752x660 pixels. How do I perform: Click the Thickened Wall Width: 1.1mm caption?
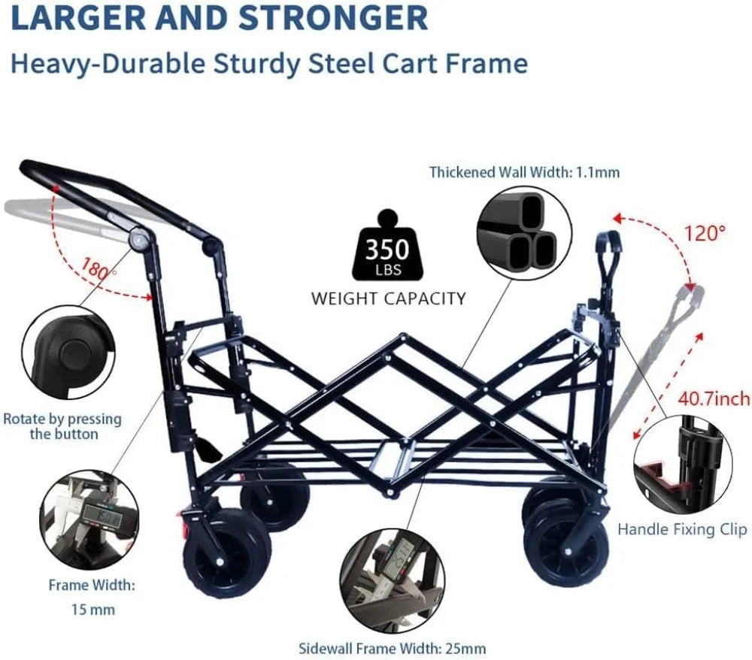(524, 172)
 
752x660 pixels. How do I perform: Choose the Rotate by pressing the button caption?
(62, 426)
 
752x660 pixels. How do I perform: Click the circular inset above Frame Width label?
(89, 519)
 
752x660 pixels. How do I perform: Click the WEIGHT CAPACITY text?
(389, 298)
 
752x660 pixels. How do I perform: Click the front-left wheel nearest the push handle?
(223, 551)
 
